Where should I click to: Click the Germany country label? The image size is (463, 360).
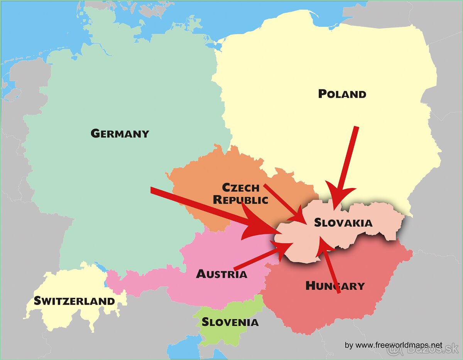point(120,133)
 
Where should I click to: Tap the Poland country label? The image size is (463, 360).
point(342,94)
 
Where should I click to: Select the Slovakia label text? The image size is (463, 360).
point(343,222)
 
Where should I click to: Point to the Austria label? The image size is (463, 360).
point(221,274)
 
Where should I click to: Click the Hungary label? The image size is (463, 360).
point(335,286)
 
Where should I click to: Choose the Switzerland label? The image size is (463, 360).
point(74,301)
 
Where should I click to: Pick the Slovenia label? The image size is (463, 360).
point(230,322)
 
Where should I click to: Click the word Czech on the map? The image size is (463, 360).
point(241,188)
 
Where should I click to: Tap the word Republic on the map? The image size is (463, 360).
point(240,200)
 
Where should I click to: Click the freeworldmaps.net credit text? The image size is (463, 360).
point(394,345)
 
